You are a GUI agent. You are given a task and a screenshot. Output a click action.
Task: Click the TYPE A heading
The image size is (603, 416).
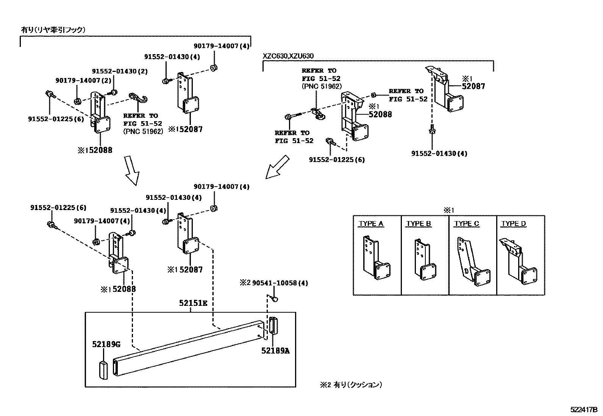(371, 224)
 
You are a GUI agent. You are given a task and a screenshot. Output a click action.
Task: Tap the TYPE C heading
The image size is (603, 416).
(467, 224)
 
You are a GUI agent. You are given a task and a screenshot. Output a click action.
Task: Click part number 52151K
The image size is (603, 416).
(194, 303)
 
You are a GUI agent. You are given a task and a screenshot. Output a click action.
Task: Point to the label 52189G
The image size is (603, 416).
(106, 344)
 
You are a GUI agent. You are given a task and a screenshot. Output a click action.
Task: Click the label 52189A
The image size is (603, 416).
(275, 351)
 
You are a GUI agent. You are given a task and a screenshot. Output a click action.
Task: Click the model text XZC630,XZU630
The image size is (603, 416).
(288, 56)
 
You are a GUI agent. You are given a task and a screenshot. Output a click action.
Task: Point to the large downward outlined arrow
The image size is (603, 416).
(132, 171)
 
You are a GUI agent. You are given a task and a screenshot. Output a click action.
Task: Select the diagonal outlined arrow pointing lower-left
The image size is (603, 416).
(277, 167)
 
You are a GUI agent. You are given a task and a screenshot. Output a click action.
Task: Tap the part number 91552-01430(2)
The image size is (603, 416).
(119, 71)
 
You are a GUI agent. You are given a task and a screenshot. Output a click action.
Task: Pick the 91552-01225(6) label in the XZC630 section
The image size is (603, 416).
(337, 160)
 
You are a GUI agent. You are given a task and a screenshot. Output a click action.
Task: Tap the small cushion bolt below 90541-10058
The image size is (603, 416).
(275, 299)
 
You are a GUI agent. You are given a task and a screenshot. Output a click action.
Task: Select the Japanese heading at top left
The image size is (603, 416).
(53, 30)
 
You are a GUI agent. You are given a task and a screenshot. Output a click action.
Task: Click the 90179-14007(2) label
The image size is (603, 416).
(78, 81)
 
